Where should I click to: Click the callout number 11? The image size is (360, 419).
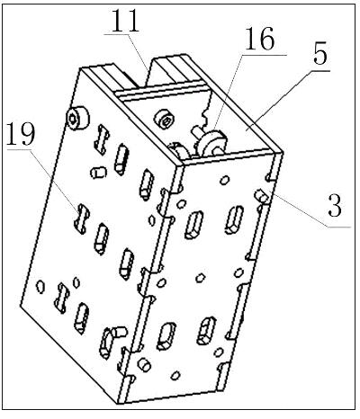point(125,21)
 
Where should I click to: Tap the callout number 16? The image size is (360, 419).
point(260,39)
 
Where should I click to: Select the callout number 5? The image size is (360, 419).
point(320,55)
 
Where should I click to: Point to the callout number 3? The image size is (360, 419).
point(335,207)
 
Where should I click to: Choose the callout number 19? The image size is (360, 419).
point(21,134)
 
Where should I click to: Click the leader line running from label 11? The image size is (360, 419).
point(137,52)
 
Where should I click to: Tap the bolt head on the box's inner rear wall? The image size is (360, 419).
point(164,120)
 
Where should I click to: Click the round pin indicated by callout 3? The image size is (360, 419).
point(262,196)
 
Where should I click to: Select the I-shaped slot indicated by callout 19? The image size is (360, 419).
point(82,218)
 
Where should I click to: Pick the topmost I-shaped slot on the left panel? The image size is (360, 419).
point(102,139)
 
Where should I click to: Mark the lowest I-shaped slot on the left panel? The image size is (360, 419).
point(61,299)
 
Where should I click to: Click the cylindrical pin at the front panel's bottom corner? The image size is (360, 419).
point(144,365)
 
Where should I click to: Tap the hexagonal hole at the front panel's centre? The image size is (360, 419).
point(201,278)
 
